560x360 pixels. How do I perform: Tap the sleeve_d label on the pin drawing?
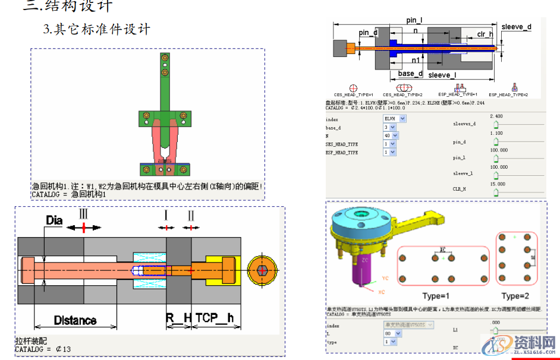pyautogui.click(x=516, y=27)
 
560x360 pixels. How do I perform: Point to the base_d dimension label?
pyautogui.click(x=410, y=74)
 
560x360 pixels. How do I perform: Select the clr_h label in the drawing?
pyautogui.click(x=485, y=34)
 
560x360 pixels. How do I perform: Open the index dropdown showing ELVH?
pyautogui.click(x=394, y=119)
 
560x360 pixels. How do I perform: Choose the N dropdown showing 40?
pyautogui.click(x=391, y=135)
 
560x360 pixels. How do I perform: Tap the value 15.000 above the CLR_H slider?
pyautogui.click(x=498, y=184)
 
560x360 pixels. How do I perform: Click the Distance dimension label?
pyautogui.click(x=75, y=321)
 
